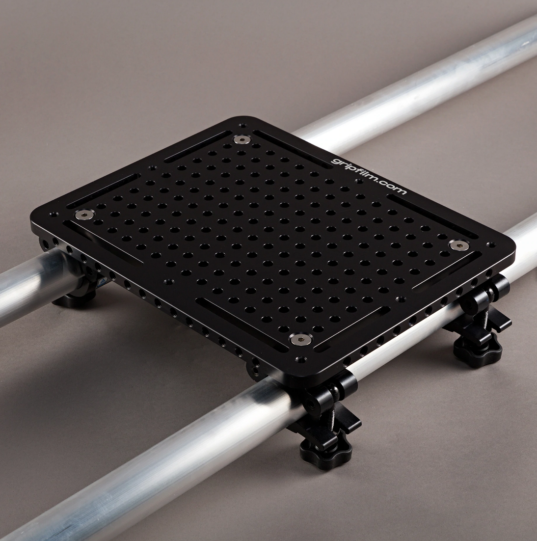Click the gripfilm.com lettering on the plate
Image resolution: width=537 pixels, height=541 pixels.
(368, 175)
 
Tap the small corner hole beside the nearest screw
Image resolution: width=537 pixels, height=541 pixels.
(299, 360)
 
